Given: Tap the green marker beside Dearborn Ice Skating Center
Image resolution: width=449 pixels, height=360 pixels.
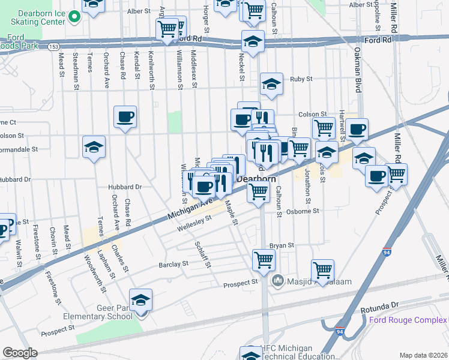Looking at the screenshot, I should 74,17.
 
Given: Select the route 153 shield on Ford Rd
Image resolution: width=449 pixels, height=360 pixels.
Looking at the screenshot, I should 53,46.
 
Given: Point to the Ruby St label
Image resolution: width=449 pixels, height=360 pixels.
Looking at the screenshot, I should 301,79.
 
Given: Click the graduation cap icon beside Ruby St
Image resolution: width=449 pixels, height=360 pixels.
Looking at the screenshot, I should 272,85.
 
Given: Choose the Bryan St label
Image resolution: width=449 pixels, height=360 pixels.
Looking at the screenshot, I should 282,245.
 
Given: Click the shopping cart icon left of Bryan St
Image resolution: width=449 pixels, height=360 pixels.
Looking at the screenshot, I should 263,260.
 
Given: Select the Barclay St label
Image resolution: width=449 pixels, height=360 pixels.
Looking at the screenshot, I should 173,263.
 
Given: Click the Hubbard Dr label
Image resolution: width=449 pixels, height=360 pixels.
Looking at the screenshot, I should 125,187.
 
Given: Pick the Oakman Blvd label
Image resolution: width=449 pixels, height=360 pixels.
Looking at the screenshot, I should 357,70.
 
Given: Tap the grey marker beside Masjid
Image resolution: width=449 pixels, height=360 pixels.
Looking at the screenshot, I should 277,280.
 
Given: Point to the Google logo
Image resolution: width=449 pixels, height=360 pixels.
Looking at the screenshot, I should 20,353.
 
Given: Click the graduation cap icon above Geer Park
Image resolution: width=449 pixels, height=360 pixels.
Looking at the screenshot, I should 140,300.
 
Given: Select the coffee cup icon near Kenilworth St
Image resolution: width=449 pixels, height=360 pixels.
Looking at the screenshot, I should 125,116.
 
